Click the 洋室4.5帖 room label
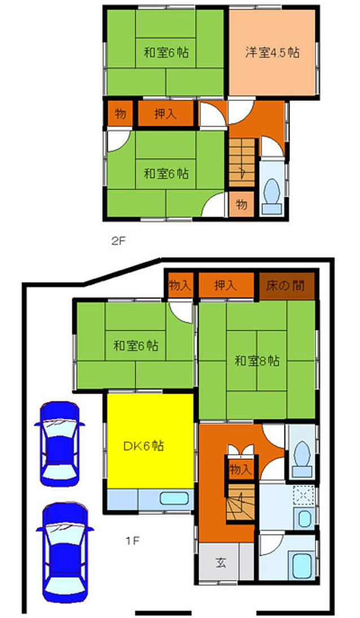(272, 52)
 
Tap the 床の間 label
(285, 285)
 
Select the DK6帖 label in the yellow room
(143, 446)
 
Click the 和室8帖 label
(257, 360)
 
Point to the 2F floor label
(118, 241)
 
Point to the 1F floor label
(133, 541)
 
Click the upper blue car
(60, 444)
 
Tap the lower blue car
(65, 552)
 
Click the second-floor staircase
(242, 162)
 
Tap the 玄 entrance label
(221, 562)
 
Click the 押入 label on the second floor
(165, 114)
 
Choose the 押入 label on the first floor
(226, 285)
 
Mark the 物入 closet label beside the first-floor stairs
(240, 469)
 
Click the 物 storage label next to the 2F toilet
(242, 204)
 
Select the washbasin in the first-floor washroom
(304, 519)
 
